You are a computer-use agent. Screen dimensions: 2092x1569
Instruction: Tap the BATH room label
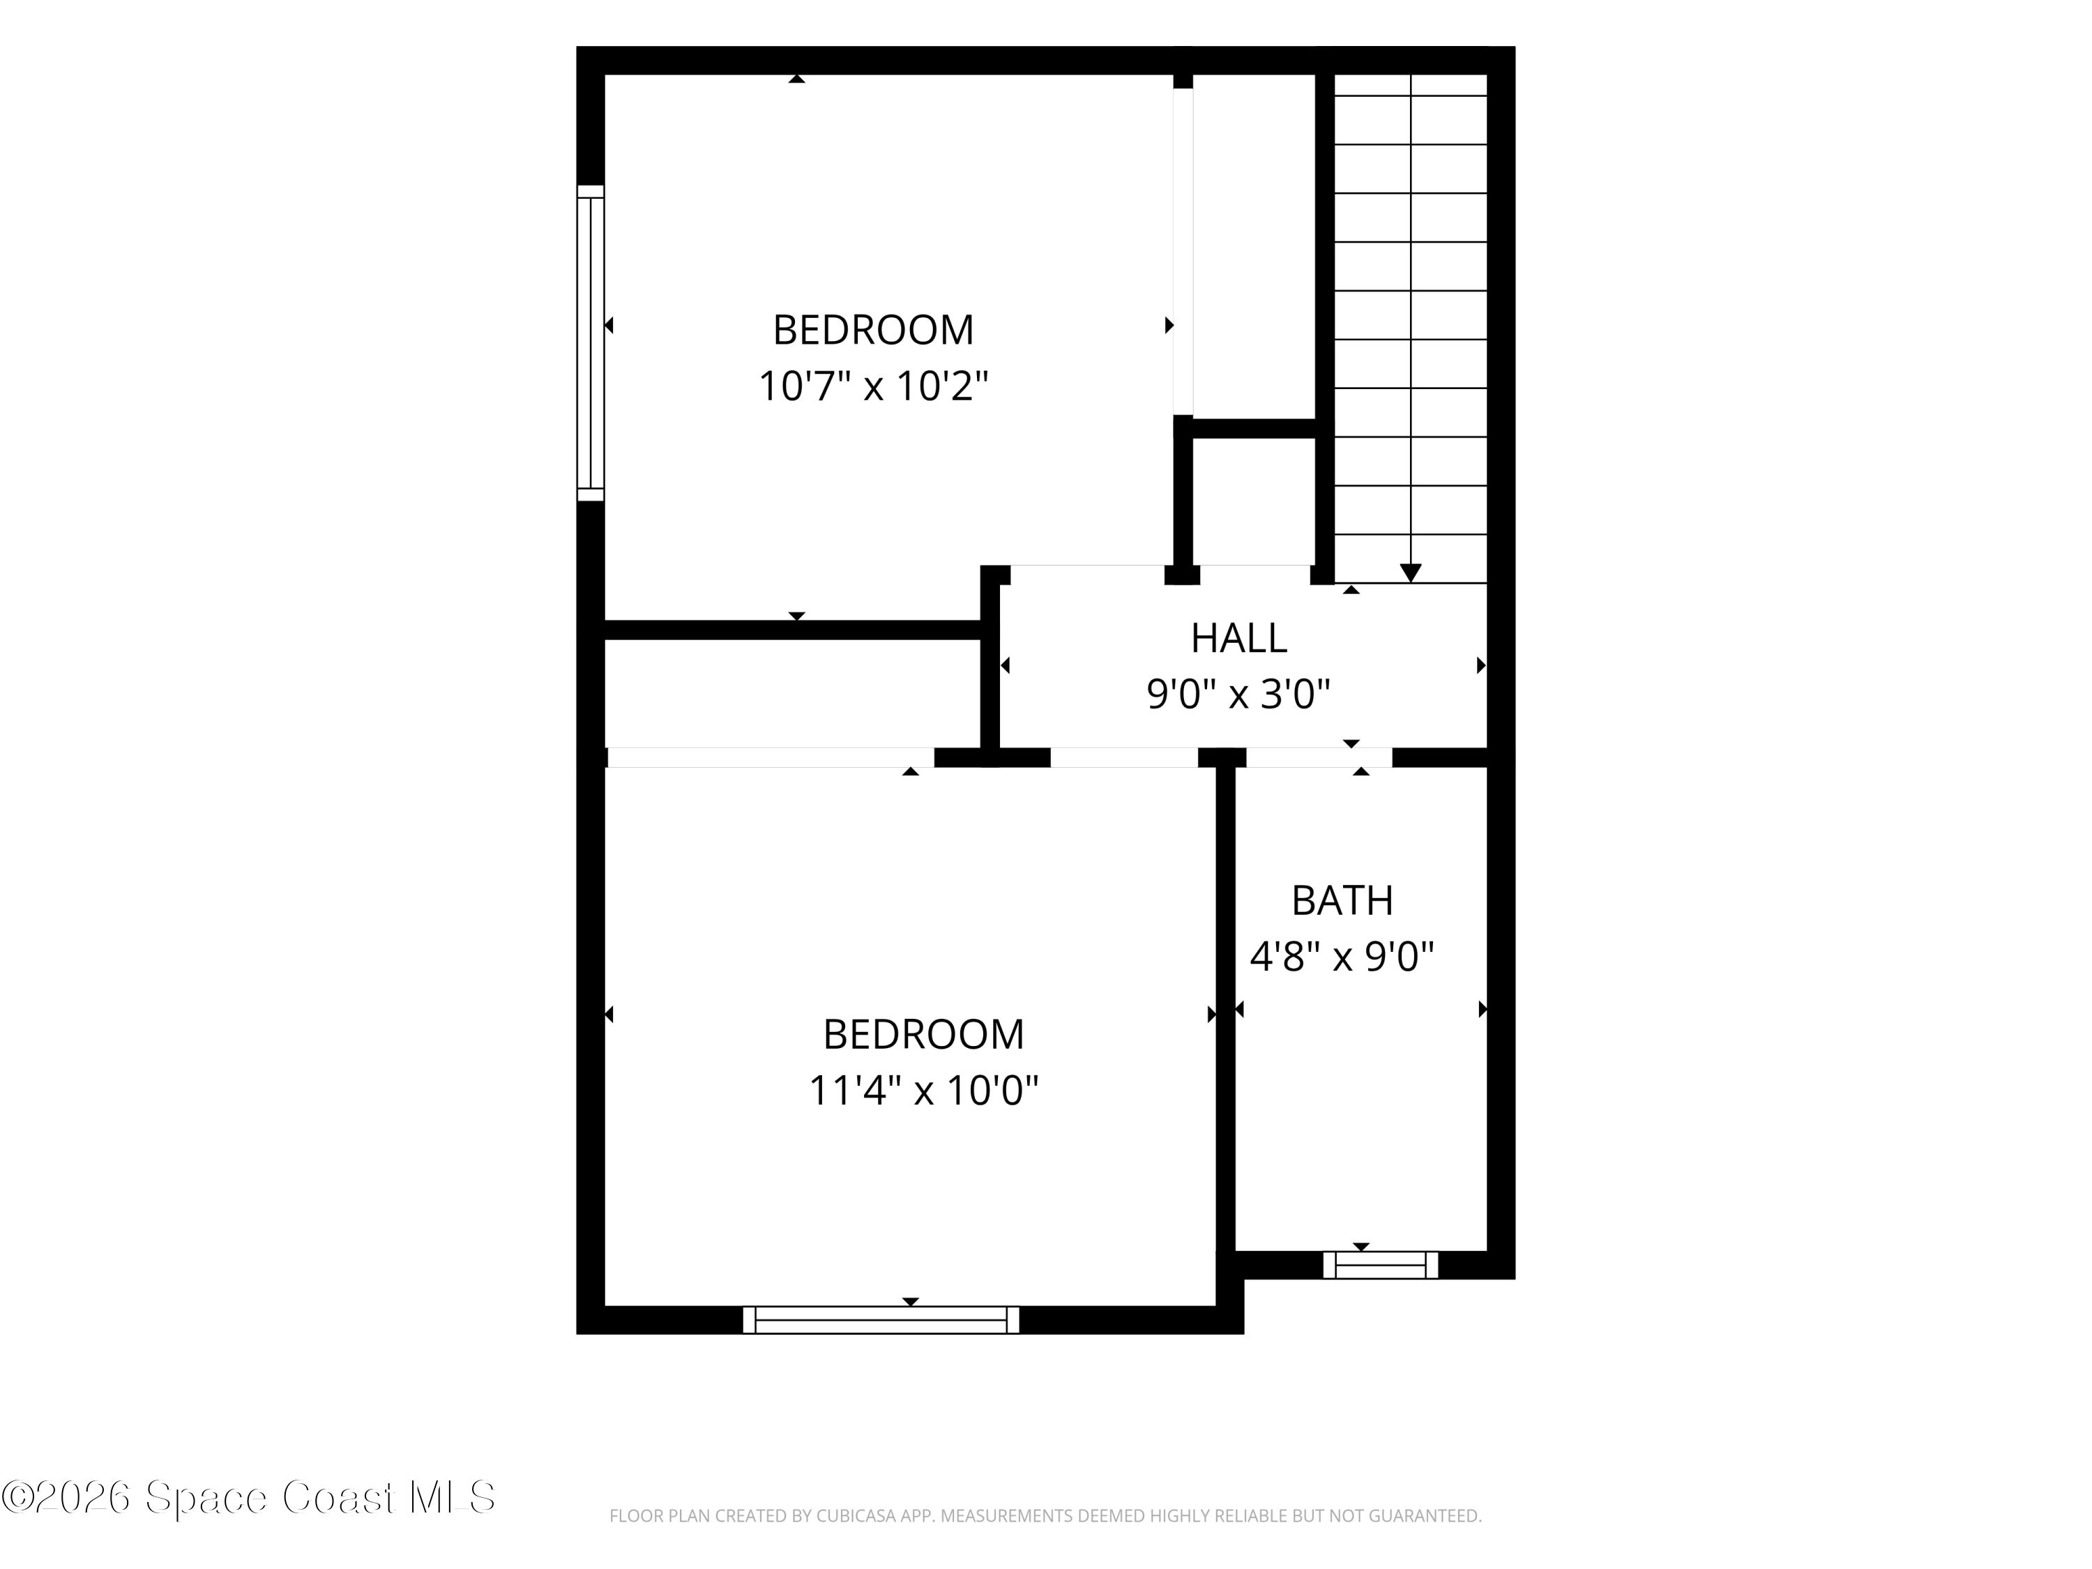(1342, 900)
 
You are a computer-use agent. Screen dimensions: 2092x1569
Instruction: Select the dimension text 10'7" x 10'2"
(873, 386)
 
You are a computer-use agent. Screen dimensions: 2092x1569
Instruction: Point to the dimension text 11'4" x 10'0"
(923, 1089)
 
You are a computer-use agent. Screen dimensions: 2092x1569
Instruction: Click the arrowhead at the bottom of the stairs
(1410, 573)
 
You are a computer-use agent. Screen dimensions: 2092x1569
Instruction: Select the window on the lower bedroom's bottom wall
(881, 1319)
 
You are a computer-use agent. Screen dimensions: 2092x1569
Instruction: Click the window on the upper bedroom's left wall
(590, 342)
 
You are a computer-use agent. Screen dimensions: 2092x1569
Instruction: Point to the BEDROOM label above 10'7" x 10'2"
(873, 330)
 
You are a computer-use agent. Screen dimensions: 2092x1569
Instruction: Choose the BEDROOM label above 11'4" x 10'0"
(923, 1033)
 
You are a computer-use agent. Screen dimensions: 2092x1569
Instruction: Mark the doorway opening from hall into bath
(1319, 757)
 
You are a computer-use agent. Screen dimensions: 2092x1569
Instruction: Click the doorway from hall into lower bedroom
(1125, 757)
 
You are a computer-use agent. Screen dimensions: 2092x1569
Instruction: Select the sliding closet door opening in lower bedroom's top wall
(771, 757)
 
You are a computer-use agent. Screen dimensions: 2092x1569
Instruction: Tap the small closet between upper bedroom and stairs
(1253, 501)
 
